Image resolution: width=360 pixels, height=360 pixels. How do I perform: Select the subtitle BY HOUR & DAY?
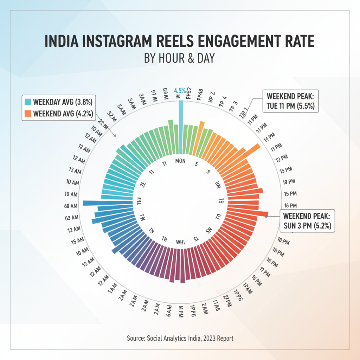179,58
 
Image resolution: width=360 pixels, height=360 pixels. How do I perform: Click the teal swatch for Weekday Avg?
28,102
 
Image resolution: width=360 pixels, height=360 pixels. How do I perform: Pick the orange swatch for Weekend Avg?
28,114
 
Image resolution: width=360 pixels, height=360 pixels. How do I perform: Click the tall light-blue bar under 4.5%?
181,127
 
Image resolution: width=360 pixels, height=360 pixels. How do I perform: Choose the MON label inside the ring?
180,161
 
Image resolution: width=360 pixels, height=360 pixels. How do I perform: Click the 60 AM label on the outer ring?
71,206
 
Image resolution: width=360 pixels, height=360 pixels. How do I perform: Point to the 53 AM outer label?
72,218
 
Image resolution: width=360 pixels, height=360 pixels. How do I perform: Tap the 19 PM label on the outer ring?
289,181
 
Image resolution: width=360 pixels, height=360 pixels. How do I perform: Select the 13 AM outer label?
74,171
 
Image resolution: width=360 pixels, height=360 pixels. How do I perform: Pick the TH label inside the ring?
163,238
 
